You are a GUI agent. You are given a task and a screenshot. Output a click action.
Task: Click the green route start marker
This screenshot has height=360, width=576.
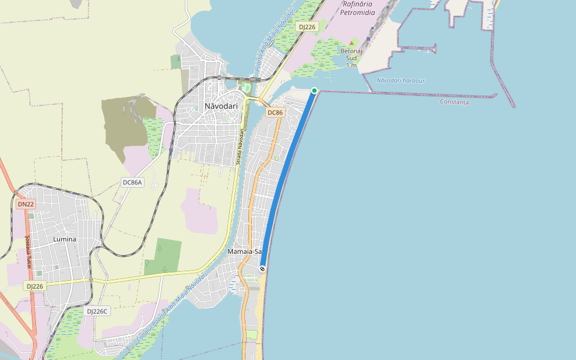314,91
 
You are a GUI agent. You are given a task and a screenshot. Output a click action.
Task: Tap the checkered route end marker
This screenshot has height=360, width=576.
262,269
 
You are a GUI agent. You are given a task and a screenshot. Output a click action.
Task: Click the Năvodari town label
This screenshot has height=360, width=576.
221,106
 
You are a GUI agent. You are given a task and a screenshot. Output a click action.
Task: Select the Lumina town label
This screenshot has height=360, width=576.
65,239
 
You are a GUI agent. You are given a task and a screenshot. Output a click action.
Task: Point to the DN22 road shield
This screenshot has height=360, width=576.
26,204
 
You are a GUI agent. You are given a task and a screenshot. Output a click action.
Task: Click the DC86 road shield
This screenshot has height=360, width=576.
275,113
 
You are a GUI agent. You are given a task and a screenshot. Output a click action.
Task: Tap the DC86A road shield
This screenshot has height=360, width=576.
132,182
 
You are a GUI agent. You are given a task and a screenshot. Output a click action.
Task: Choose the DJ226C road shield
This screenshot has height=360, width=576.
97,311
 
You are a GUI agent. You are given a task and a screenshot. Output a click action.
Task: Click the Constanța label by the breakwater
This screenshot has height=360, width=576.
454,102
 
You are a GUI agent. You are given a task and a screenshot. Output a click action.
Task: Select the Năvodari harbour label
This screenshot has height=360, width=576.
400,80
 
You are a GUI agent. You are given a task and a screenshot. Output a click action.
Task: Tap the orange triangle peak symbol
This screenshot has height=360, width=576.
352,43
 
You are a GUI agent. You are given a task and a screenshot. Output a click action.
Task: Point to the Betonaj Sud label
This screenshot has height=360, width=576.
352,55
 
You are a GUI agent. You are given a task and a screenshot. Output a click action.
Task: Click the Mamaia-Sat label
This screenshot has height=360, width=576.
245,251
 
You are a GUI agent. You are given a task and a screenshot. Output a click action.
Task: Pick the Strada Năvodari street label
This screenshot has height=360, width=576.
239,146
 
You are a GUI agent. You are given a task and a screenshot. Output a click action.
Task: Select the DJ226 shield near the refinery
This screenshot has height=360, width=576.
307,27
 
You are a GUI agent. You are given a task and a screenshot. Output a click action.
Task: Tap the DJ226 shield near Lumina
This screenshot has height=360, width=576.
34,287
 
